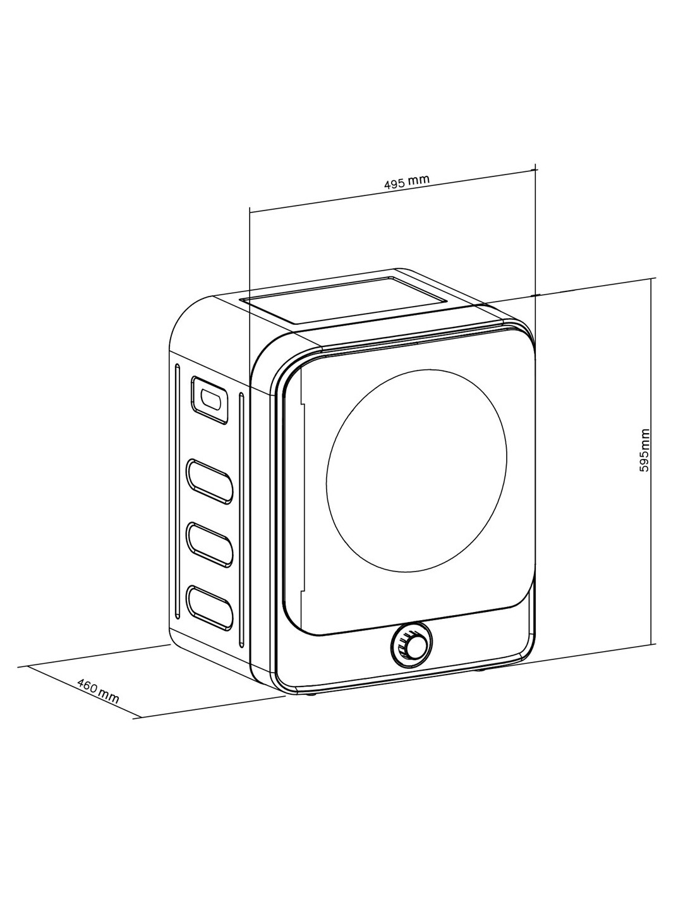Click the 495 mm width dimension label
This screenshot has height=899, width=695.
tap(407, 182)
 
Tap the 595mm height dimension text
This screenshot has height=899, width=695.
tap(644, 450)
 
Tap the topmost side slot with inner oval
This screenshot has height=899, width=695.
tap(208, 399)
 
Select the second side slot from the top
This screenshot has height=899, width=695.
tap(209, 481)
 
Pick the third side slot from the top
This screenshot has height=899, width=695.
tap(209, 544)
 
